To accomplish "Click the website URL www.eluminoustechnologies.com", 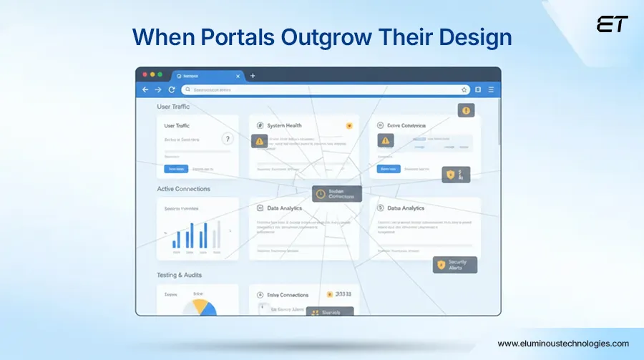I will [x=563, y=344].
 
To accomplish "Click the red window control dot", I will [x=144, y=75].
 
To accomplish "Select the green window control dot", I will [x=160, y=75].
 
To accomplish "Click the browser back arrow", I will [x=145, y=90].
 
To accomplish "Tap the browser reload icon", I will [x=172, y=90].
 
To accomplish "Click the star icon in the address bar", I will [x=464, y=90].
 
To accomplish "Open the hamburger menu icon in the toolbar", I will [x=491, y=90].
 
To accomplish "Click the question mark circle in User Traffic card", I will [x=228, y=140].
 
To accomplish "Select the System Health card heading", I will [x=284, y=126].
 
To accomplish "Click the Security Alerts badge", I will [x=455, y=266].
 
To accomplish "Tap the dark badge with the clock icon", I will [x=337, y=193].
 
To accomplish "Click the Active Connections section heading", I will [x=183, y=189].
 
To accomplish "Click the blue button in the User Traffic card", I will [x=175, y=169].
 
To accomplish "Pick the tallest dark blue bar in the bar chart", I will [x=205, y=235].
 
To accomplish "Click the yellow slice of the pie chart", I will [x=205, y=306].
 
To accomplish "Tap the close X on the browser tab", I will [x=239, y=76].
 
